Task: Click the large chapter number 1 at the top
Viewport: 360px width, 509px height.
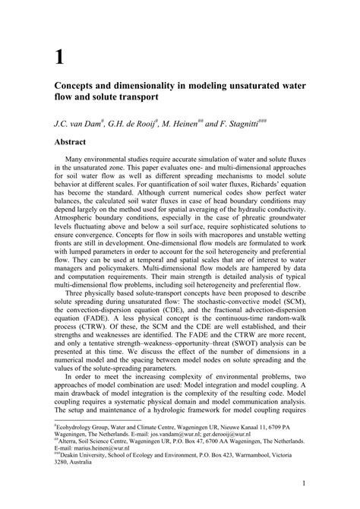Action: (x=58, y=56)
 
